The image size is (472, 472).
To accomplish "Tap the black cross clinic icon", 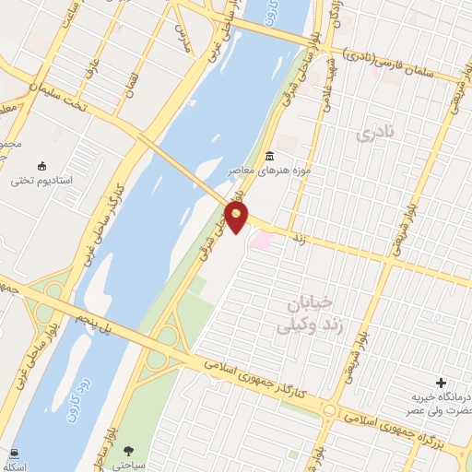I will coord(441,383).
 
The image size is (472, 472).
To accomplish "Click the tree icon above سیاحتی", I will coord(129,451).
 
